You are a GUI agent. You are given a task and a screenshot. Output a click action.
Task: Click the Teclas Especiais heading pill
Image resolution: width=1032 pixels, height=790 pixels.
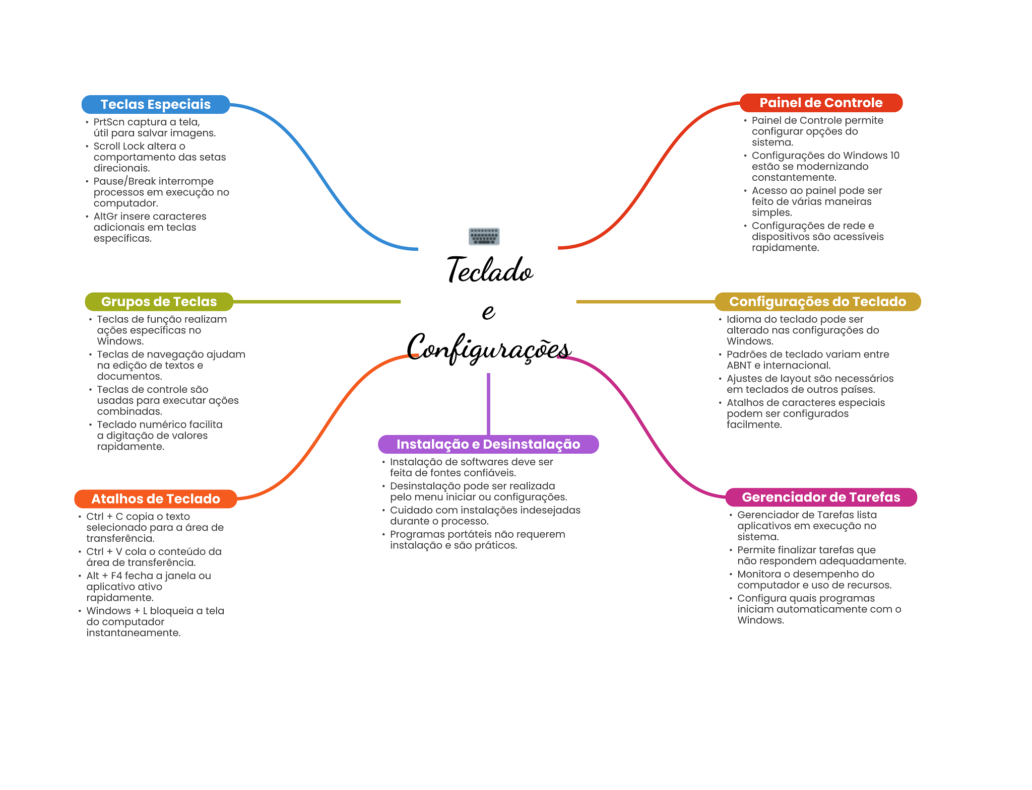pos(155,104)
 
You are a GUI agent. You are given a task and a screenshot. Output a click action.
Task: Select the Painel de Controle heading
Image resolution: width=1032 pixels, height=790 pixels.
pos(821,103)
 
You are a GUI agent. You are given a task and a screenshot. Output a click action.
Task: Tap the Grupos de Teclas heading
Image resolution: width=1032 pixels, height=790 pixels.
pos(159,302)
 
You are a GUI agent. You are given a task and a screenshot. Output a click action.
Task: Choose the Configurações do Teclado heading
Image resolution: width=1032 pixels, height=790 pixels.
pos(817,302)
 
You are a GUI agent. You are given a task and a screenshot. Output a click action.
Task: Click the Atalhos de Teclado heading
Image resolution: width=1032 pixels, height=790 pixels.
pos(155,499)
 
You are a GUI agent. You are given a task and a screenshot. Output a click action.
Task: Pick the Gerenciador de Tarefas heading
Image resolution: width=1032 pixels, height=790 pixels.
pos(821,497)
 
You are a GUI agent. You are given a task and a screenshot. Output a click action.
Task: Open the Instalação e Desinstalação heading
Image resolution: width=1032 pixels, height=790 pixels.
pos(488,444)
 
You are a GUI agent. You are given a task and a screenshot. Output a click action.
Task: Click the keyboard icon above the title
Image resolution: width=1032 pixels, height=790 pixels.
pos(484,236)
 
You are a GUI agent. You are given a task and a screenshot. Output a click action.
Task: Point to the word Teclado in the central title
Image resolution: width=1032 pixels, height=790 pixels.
pos(490,270)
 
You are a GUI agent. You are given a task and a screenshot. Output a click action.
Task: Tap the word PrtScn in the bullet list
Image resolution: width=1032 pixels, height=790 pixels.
pos(109,122)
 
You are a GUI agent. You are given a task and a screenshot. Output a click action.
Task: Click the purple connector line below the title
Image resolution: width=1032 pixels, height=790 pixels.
pos(488,403)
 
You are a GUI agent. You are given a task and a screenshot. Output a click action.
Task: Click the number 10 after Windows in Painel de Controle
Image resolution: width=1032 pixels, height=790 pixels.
pos(894,156)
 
